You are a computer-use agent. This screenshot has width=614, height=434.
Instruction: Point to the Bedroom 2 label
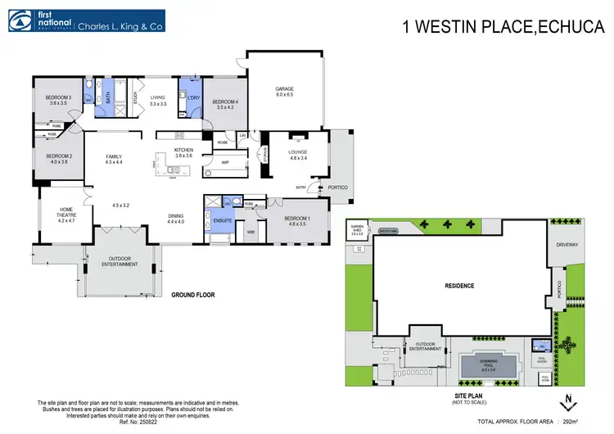(59, 159)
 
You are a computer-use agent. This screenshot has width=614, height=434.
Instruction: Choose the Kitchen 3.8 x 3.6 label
(183, 153)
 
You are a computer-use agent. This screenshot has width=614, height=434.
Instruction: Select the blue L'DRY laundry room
(193, 97)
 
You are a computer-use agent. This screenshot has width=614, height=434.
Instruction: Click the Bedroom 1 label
(296, 220)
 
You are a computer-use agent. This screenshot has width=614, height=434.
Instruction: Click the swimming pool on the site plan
(488, 365)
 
